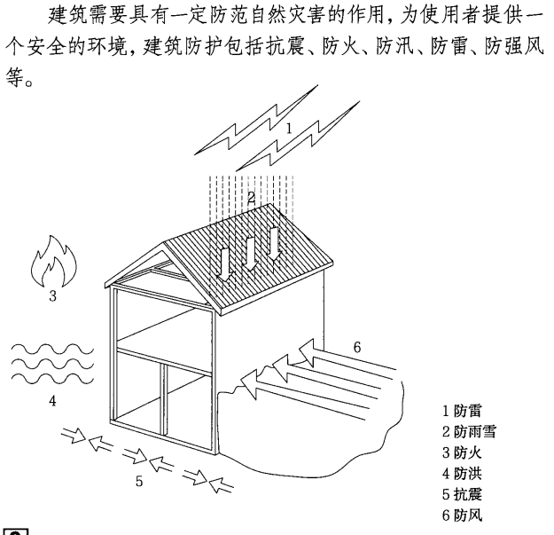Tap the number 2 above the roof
pyautogui.click(x=252, y=199)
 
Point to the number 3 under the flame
pyautogui.click(x=52, y=297)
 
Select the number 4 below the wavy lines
pyautogui.click(x=52, y=402)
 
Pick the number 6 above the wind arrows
pyautogui.click(x=356, y=347)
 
